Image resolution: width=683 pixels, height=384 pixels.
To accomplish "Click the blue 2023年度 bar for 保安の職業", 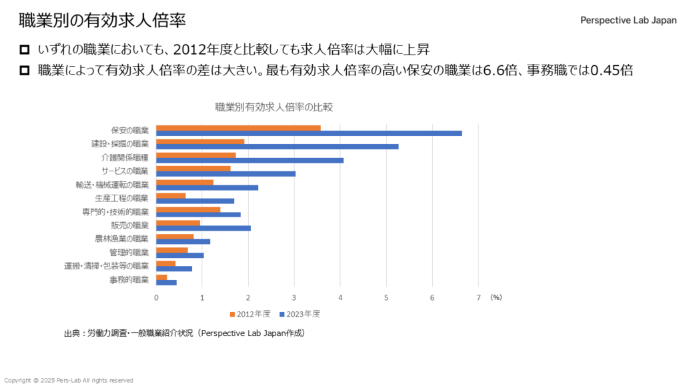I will click(x=309, y=133).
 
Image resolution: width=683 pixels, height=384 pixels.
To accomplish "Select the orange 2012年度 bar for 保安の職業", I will click(x=238, y=128).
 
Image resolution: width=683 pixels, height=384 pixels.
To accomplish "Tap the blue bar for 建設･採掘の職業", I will click(x=277, y=147).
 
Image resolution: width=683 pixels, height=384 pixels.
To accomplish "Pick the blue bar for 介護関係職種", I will click(x=249, y=160).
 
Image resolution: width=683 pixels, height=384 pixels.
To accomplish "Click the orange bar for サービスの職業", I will click(x=193, y=169).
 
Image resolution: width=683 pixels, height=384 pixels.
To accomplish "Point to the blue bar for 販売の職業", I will click(x=203, y=228).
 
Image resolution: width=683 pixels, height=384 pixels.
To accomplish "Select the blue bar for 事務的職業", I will click(x=166, y=283).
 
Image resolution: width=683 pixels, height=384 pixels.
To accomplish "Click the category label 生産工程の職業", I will click(x=122, y=198).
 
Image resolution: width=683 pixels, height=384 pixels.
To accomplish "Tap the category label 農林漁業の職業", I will click(x=122, y=239).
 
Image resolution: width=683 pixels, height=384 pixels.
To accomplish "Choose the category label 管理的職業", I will click(x=129, y=253).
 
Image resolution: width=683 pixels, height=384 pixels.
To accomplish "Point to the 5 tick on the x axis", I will click(x=386, y=297).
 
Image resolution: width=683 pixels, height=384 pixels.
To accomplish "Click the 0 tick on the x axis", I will click(x=156, y=297).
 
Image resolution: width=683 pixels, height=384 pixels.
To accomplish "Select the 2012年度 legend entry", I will click(x=251, y=313).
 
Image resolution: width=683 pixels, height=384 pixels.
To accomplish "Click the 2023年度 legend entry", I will click(x=300, y=313).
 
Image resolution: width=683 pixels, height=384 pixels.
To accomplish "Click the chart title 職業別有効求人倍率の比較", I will click(x=273, y=107).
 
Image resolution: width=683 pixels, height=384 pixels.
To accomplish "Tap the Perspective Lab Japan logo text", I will click(x=628, y=20).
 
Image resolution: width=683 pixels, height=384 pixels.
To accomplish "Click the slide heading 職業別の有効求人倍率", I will click(x=102, y=20).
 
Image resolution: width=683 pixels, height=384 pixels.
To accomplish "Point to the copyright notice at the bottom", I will click(x=69, y=380).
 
